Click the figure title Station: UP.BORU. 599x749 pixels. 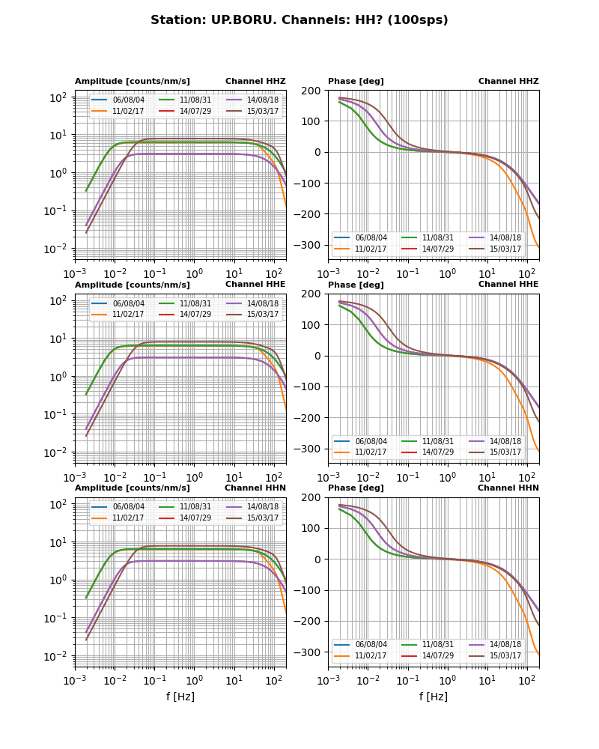pos(299,20)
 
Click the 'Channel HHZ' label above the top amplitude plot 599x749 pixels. pos(255,82)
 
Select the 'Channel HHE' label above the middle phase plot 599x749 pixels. pos(508,285)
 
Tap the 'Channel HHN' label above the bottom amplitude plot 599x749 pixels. pos(255,488)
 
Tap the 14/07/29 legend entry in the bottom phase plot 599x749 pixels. pos(438,656)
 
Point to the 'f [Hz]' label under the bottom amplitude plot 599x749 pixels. pos(180,697)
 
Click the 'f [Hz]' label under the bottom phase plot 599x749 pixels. pos(434,697)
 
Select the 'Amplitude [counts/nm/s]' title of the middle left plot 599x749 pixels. pos(133,285)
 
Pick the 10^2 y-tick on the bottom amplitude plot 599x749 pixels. pos(60,504)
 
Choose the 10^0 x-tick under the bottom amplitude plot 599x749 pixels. pos(194,680)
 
